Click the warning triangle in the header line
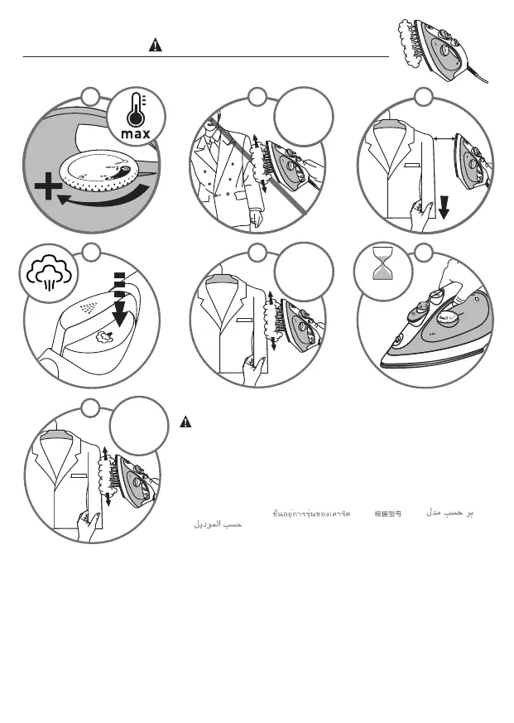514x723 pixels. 154,46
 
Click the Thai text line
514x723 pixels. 311,514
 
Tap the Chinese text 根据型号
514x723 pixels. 388,514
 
